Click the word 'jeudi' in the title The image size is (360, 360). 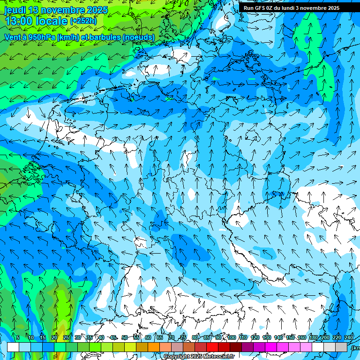click(15, 10)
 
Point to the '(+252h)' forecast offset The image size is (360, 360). click(84, 22)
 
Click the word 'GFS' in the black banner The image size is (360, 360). click(260, 8)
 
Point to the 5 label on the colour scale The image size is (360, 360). click(18, 337)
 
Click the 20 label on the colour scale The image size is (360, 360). click(54, 337)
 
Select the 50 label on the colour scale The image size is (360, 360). click(124, 337)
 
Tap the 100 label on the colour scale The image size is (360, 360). click(231, 337)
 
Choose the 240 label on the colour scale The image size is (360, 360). click(348, 337)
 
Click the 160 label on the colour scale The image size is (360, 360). click(301, 337)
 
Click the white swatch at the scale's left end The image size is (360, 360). click(13, 347)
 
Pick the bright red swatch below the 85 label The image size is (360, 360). click(212, 347)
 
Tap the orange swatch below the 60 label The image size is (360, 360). click(154, 347)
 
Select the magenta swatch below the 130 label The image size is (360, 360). click(271, 347)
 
